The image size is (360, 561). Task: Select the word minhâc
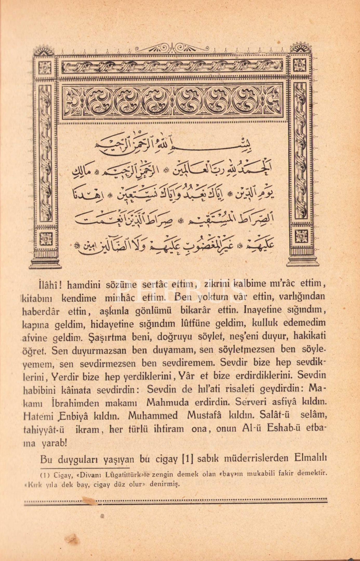[x=120, y=298]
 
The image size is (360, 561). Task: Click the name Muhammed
[x=153, y=416]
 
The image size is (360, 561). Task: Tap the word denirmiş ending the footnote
[x=165, y=484]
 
